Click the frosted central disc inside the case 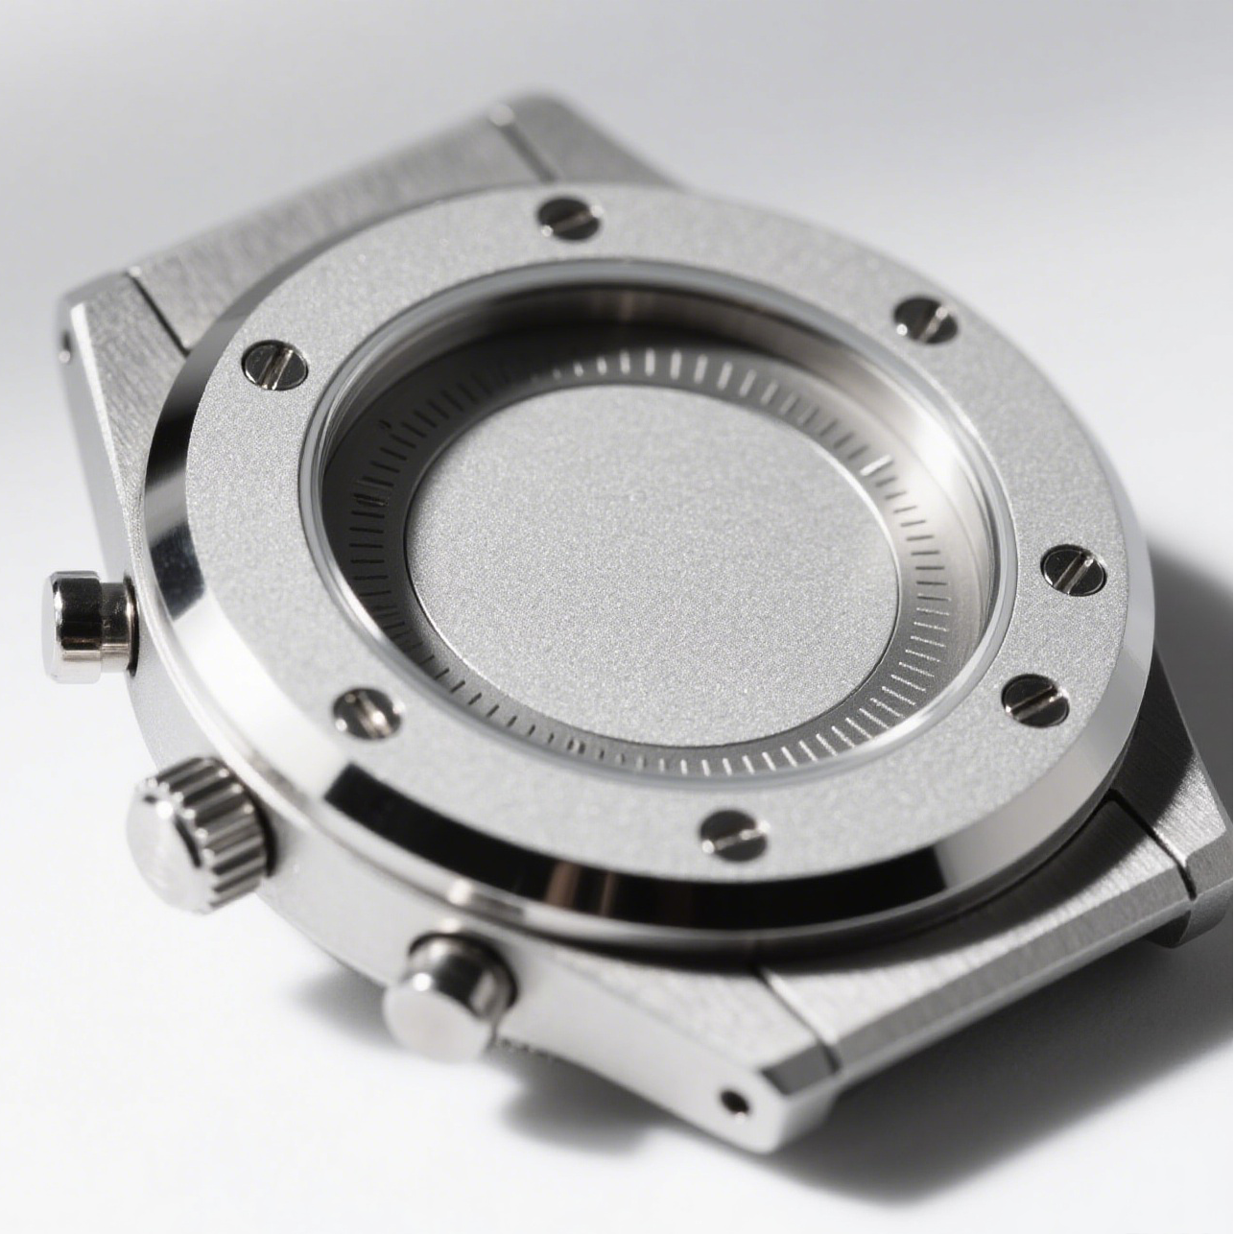point(653,566)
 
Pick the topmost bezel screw point(569,218)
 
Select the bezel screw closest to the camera point(734,834)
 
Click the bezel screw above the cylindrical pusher point(274,365)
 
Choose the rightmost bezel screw point(1073,570)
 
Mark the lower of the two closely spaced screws point(1035,700)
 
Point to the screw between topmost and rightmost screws point(926,320)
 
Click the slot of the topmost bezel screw point(569,218)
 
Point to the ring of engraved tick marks point(921,672)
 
